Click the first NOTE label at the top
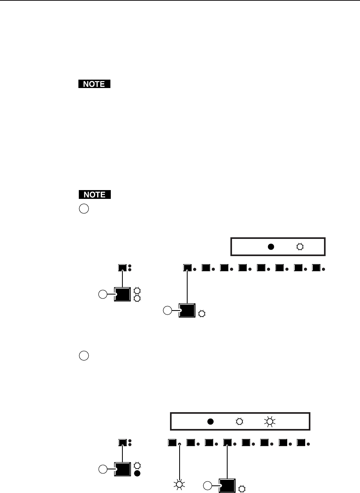94,84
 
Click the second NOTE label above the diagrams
94,195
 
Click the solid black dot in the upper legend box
271,247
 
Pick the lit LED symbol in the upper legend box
300,247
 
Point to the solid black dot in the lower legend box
210,421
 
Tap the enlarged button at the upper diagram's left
122,295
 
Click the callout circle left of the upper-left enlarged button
103,295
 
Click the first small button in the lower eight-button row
172,443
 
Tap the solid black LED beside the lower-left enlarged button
138,474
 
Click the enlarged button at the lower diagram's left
122,469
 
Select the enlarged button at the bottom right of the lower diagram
227,485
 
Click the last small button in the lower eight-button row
301,443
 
